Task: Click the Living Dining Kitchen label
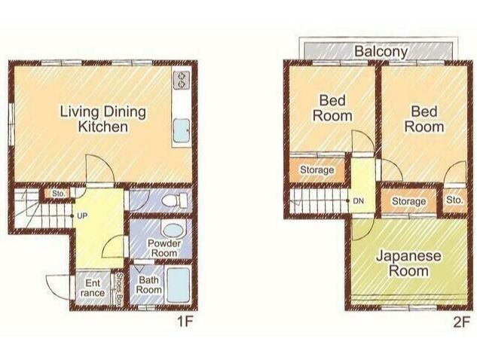pyautogui.click(x=102, y=119)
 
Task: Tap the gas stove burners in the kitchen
pyautogui.click(x=182, y=80)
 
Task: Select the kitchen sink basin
pyautogui.click(x=182, y=130)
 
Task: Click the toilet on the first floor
pyautogui.click(x=175, y=200)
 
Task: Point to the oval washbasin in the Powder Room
pyautogui.click(x=173, y=230)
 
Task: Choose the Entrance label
pyautogui.click(x=93, y=288)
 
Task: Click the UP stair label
pyautogui.click(x=82, y=216)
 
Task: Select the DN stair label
pyautogui.click(x=359, y=200)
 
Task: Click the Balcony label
pyautogui.click(x=381, y=51)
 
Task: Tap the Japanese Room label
pyautogui.click(x=408, y=263)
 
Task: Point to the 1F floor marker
pyautogui.click(x=185, y=322)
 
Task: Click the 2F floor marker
pyautogui.click(x=461, y=322)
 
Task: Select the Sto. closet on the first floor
pyautogui.click(x=58, y=194)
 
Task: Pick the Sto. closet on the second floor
pyautogui.click(x=454, y=200)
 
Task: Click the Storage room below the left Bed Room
pyautogui.click(x=317, y=170)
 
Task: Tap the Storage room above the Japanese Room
pyautogui.click(x=409, y=201)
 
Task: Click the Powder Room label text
pyautogui.click(x=164, y=248)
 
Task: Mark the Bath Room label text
pyautogui.click(x=148, y=285)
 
